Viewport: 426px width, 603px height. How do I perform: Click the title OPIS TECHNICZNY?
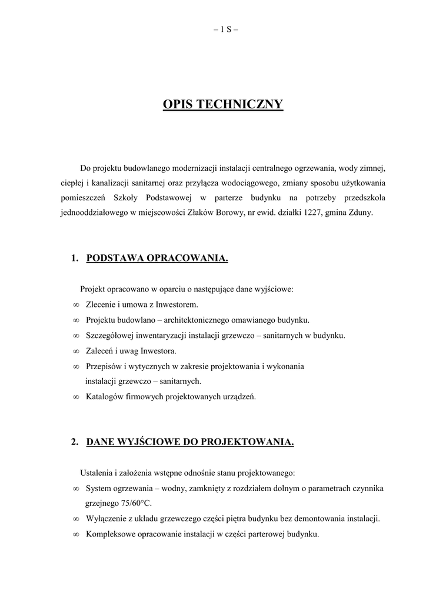pos(223,105)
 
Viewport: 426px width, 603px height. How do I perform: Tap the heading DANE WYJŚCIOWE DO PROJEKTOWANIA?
pos(190,442)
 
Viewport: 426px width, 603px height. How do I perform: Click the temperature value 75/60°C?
pos(133,503)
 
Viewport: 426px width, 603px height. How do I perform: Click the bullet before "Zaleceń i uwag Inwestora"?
pos(76,352)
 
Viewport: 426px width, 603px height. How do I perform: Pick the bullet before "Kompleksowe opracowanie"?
pos(76,535)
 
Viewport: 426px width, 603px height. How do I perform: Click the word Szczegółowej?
pos(110,336)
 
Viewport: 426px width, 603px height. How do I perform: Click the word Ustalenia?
pos(96,473)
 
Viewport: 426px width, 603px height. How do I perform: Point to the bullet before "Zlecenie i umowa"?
pos(76,305)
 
